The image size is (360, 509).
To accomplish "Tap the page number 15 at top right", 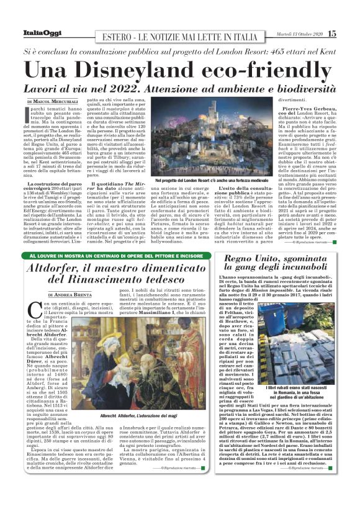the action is (332, 34).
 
